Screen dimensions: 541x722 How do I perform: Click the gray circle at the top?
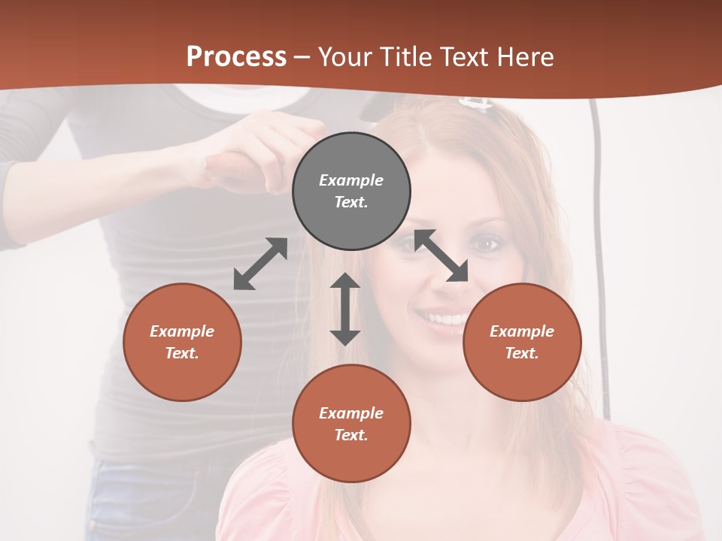[x=351, y=191]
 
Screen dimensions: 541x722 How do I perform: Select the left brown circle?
[x=182, y=342]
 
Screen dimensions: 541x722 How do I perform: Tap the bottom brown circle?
[x=351, y=424]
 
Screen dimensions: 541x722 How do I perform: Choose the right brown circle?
[x=522, y=342]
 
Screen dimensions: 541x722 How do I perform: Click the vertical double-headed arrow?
[x=345, y=309]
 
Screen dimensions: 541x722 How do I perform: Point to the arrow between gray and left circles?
[x=260, y=264]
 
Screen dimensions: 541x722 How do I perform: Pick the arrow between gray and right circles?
[x=441, y=255]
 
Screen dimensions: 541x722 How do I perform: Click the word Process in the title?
[x=236, y=56]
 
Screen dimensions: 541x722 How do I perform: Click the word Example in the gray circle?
[x=351, y=180]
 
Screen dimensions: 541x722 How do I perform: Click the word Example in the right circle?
[x=522, y=331]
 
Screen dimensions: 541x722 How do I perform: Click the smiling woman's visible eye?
[x=484, y=244]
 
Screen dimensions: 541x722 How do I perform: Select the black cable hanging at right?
[x=599, y=225]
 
